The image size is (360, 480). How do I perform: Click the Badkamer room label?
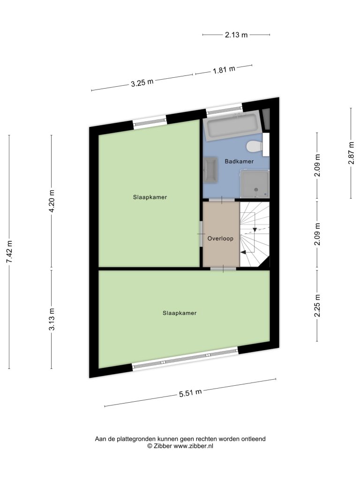pos(239,161)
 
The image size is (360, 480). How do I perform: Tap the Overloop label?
pos(220,239)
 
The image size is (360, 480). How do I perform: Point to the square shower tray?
pos(255,184)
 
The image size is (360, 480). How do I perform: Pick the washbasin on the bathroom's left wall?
pos(210,170)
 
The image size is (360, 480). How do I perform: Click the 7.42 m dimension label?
pos(9,252)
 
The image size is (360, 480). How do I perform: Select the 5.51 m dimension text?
pos(190,393)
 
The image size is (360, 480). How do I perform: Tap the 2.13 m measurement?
pos(236,35)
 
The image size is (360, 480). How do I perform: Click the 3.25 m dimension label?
pos(142,82)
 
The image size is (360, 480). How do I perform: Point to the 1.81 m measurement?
pos(224,70)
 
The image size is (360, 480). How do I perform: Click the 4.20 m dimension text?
pos(52,201)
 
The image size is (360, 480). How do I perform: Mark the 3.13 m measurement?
pos(52,319)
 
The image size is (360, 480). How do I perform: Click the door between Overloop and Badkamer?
pos(222,200)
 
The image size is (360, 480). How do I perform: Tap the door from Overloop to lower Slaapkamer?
pos(223,269)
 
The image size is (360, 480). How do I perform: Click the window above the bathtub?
pos(224,109)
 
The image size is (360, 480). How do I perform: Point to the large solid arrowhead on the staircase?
pos(243,252)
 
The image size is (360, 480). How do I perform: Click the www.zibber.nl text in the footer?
pos(193,446)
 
